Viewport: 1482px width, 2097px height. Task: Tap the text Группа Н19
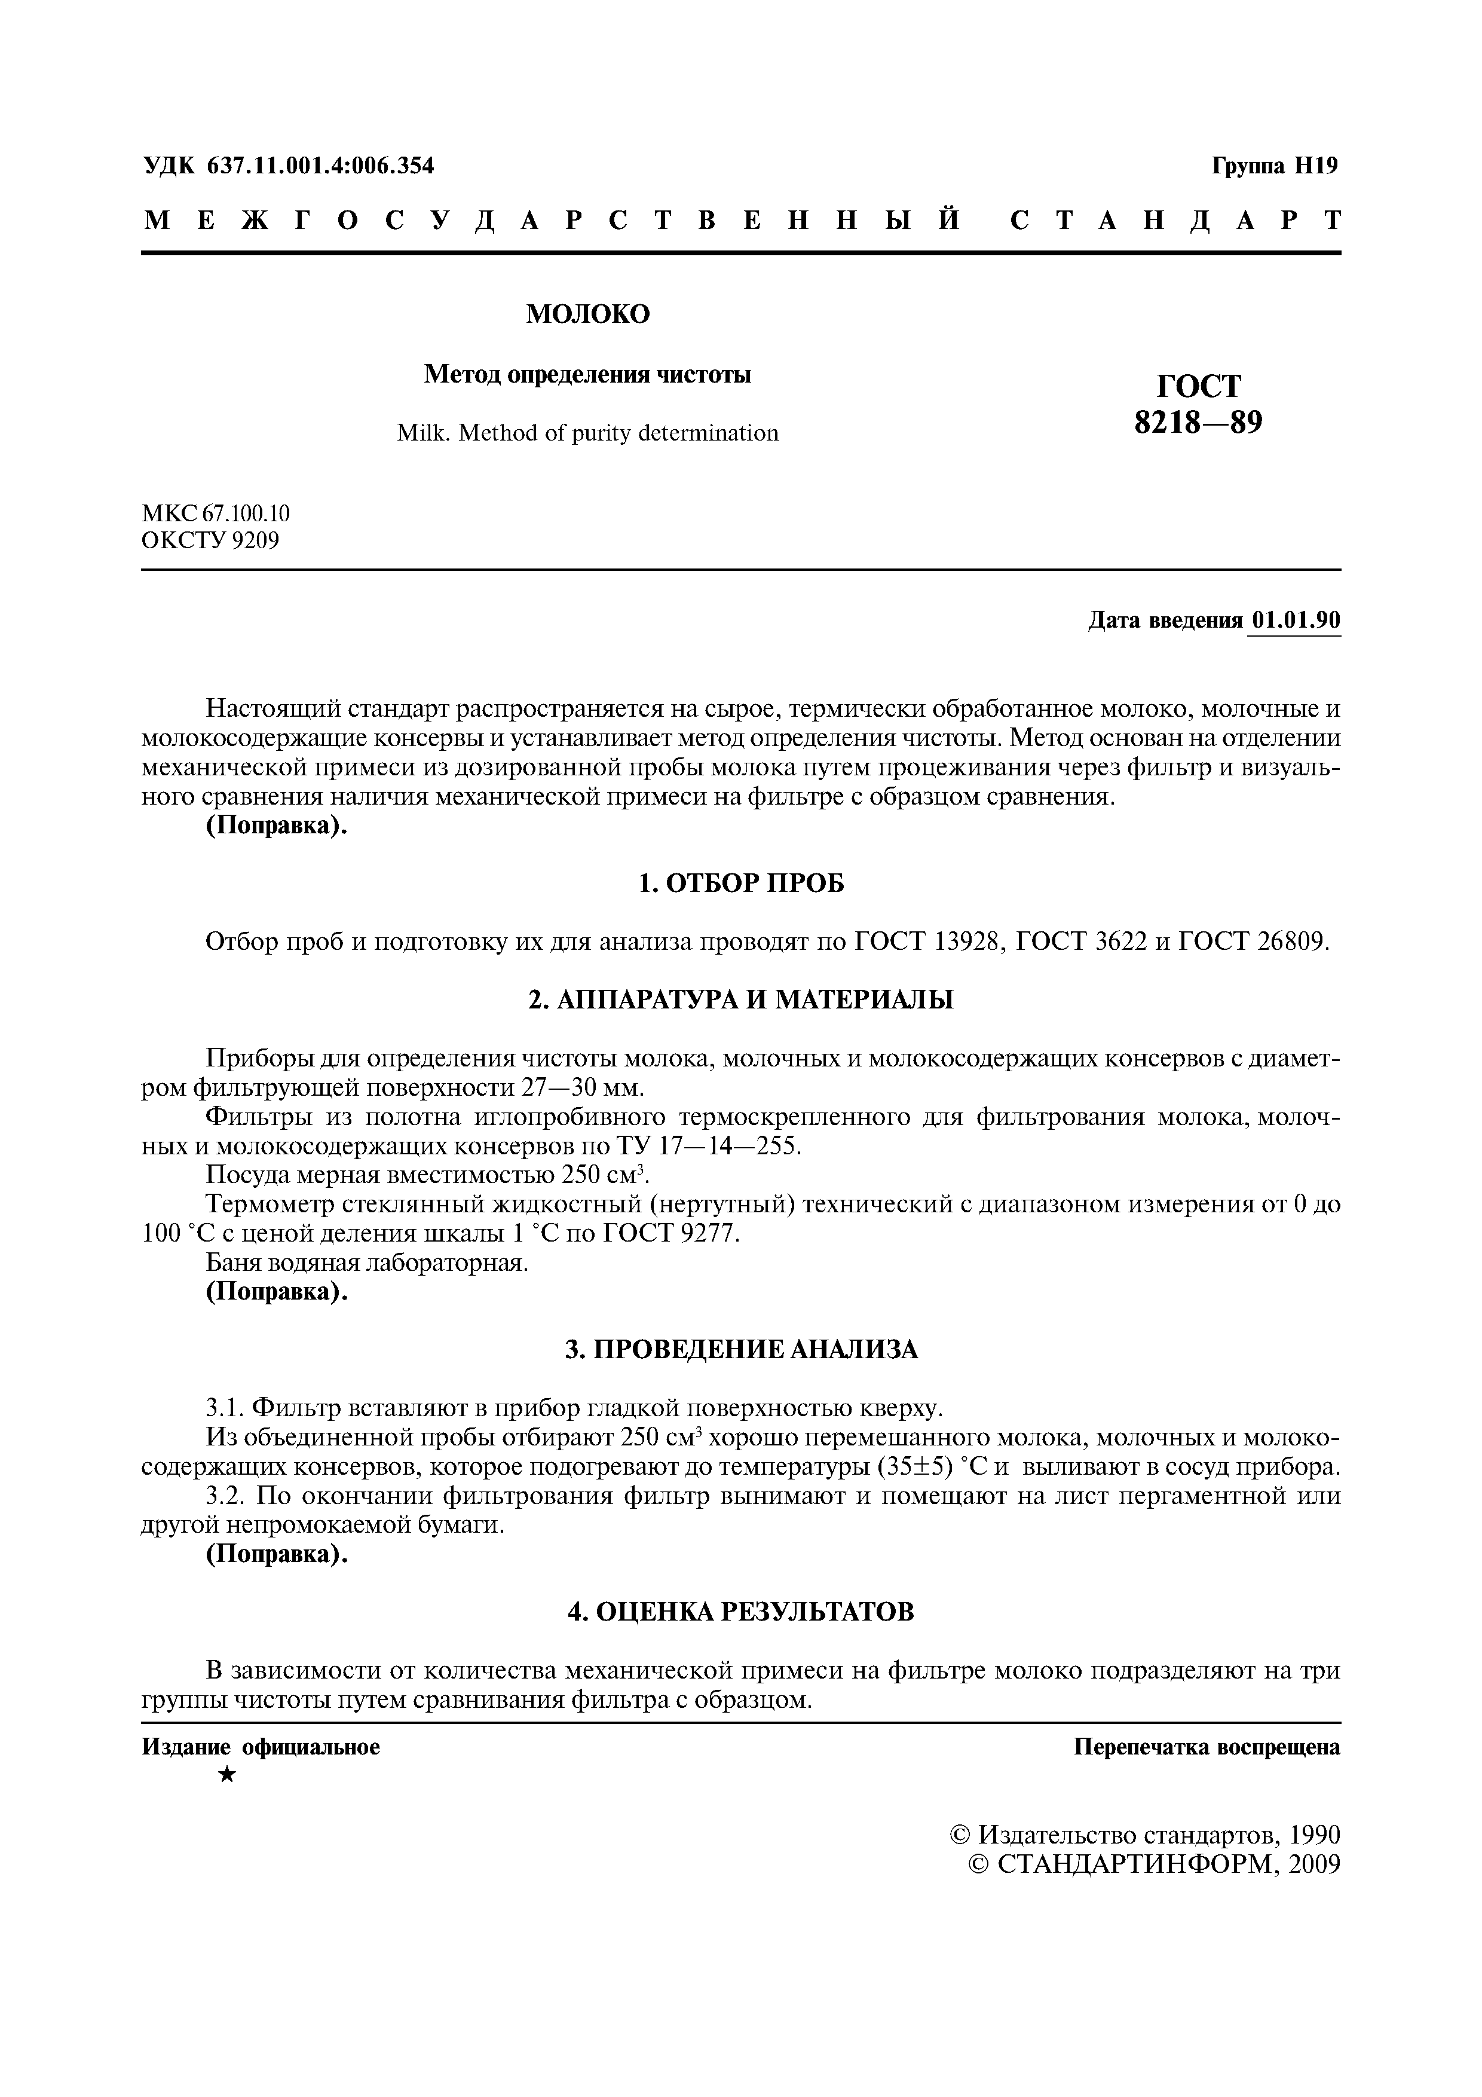(x=1275, y=166)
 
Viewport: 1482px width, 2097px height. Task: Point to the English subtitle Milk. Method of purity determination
(x=587, y=433)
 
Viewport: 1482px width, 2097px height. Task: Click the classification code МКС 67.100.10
(x=216, y=513)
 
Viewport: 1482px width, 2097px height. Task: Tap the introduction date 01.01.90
(x=1296, y=621)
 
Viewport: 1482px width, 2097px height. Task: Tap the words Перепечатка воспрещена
(x=1207, y=1747)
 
